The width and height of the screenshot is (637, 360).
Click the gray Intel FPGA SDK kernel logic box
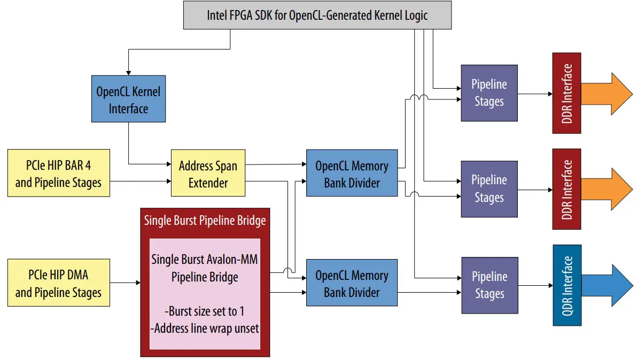click(x=317, y=15)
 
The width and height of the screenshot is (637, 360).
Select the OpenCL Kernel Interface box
click(x=128, y=100)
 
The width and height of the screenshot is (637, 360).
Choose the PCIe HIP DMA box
click(x=58, y=283)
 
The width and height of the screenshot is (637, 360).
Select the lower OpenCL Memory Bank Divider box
click(x=352, y=283)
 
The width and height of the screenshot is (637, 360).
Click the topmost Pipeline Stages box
click(x=489, y=93)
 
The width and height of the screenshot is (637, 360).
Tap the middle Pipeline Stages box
click(x=489, y=189)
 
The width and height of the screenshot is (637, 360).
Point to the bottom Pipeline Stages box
click(x=489, y=285)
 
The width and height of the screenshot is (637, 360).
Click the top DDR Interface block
click(x=566, y=93)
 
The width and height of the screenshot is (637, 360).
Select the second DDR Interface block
click(x=566, y=189)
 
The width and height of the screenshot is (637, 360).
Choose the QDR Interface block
click(x=566, y=285)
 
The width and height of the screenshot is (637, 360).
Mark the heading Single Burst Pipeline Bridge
click(x=205, y=220)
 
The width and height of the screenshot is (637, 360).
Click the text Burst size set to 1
click(x=206, y=311)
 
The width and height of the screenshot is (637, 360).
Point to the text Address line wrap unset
click(x=206, y=328)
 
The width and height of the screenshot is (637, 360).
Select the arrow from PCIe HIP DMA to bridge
click(x=125, y=283)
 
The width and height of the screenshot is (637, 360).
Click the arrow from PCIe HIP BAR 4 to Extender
click(x=140, y=182)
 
